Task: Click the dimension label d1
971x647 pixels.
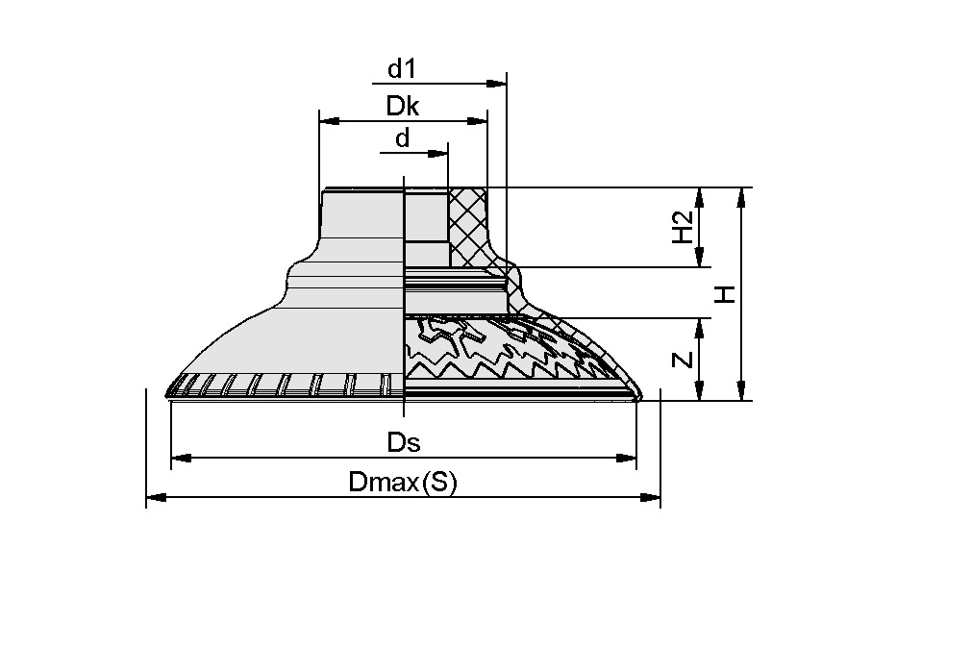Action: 402,69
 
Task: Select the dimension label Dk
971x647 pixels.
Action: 403,106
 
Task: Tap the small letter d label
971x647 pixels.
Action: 402,138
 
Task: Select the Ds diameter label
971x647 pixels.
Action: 404,442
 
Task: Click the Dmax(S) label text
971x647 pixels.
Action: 403,482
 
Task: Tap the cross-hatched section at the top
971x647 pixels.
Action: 468,226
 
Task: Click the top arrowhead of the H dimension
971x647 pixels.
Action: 740,196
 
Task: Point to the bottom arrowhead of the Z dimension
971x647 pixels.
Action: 700,391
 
